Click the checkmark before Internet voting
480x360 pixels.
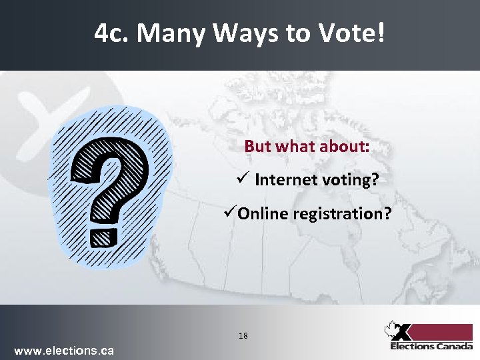(x=243, y=179)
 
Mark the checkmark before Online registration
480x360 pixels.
(x=231, y=213)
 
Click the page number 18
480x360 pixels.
(x=243, y=336)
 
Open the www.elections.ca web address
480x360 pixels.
(x=64, y=350)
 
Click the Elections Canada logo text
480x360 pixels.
(x=432, y=346)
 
